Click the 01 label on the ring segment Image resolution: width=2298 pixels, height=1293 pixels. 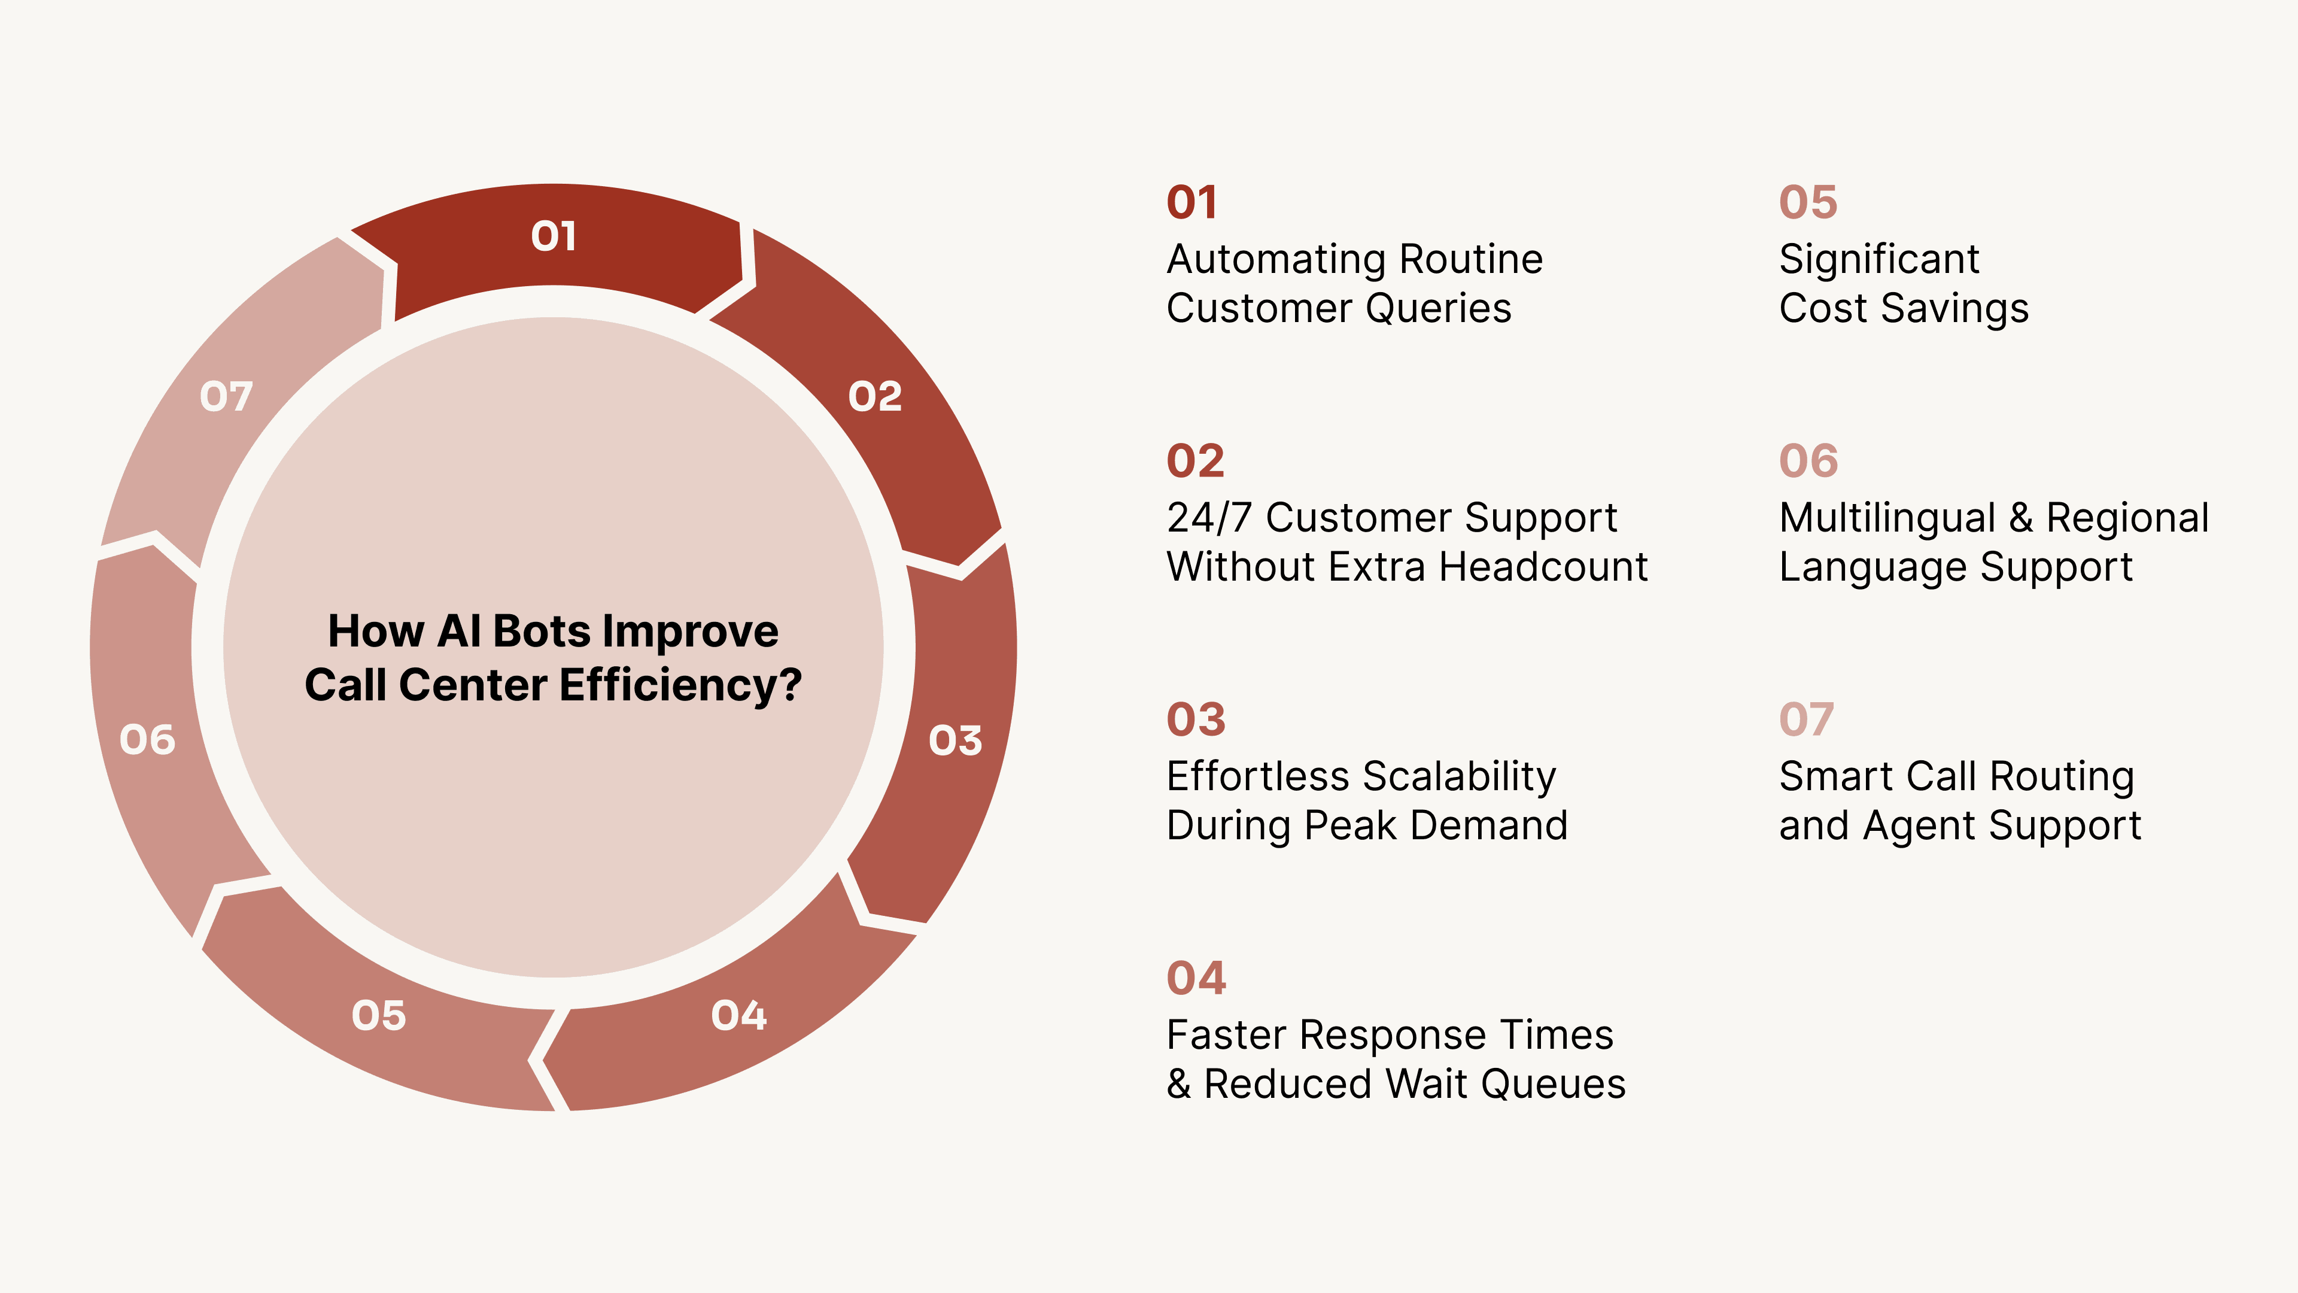(553, 236)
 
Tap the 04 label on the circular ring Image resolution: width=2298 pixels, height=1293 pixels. (738, 1015)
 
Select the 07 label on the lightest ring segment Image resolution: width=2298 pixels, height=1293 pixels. (226, 396)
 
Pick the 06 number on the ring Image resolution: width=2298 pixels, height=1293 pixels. (147, 740)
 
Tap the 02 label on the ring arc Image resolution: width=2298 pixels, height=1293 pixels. (874, 396)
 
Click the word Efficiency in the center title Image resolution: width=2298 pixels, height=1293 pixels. (680, 685)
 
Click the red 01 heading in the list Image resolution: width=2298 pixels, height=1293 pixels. (1192, 202)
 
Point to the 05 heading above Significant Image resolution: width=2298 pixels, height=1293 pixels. (1807, 202)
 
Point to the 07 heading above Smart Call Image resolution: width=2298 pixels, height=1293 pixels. (1805, 719)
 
